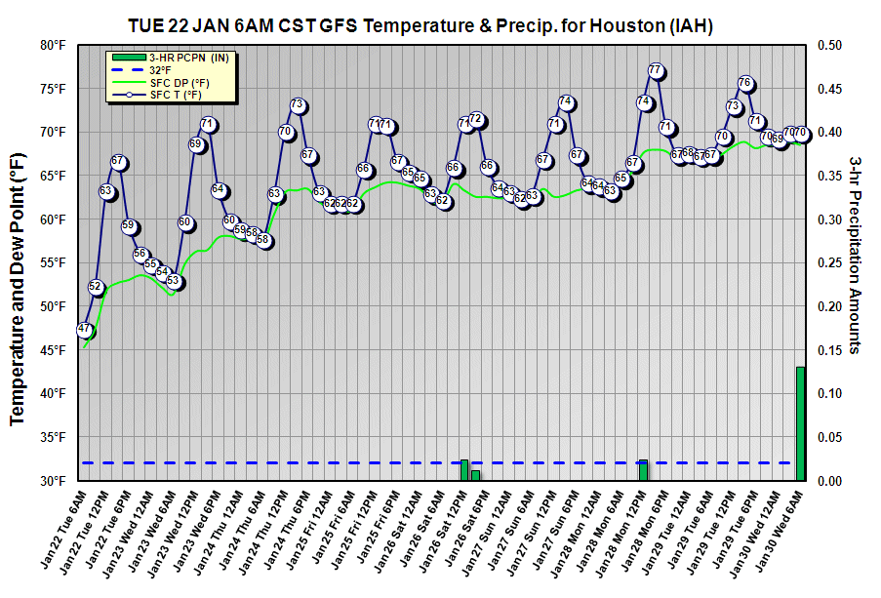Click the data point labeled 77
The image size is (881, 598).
(656, 71)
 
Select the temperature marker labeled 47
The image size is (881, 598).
(85, 330)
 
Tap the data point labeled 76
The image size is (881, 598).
(745, 83)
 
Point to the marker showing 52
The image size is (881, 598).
(96, 287)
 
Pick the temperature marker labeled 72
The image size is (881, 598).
(476, 120)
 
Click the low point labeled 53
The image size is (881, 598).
(174, 281)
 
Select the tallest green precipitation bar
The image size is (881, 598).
(800, 423)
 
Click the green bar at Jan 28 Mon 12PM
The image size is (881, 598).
(643, 470)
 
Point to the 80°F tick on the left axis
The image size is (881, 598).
(54, 45)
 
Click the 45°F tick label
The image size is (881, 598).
(54, 350)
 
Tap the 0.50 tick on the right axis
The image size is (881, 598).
(829, 45)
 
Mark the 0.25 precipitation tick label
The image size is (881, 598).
(829, 263)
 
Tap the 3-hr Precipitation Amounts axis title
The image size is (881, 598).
(855, 254)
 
